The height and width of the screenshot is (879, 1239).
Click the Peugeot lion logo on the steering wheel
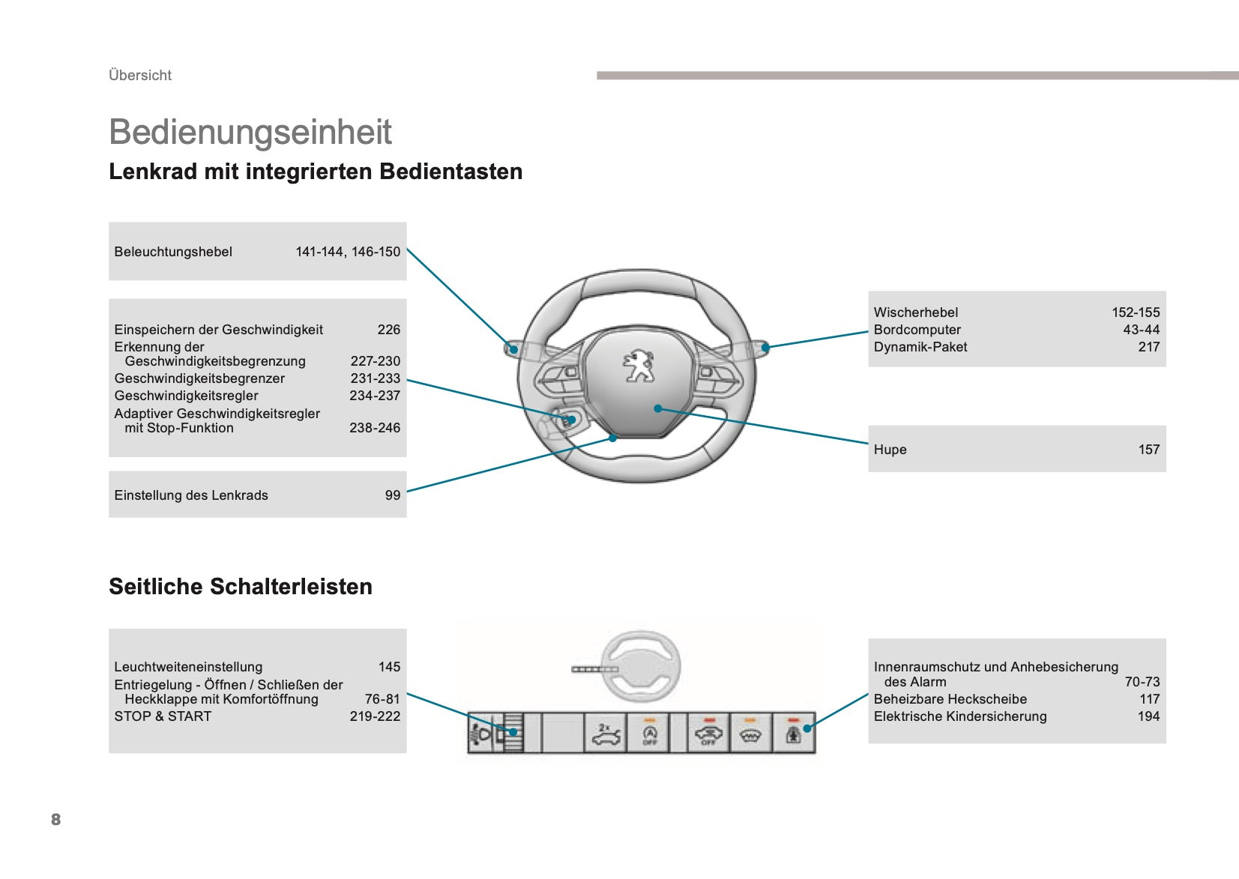pos(639,366)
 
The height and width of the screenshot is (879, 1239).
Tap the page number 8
pos(56,819)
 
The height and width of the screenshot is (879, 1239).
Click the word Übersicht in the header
pos(140,75)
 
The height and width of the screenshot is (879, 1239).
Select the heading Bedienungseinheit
pos(250,132)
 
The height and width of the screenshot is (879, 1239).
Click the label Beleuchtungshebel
pos(173,252)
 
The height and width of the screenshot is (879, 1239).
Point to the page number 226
pos(389,330)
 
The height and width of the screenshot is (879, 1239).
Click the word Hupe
pos(890,450)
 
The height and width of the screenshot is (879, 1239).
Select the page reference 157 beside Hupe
pos(1149,450)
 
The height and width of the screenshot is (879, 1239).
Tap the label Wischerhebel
pos(916,312)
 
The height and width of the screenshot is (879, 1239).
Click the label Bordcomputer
pos(917,330)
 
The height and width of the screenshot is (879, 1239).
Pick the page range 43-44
pos(1141,330)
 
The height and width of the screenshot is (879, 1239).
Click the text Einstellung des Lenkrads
pos(191,495)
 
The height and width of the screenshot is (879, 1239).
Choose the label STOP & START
pos(163,716)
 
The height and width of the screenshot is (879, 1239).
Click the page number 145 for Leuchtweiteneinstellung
pos(390,667)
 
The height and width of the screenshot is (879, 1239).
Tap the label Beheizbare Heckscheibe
pos(950,699)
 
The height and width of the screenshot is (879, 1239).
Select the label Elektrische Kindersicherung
pos(960,716)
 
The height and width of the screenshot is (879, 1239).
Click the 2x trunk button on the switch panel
pos(605,734)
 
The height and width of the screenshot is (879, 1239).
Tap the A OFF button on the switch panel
pos(649,734)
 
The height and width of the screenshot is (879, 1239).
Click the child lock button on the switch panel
pos(794,734)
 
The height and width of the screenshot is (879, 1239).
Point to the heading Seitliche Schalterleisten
pos(241,587)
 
